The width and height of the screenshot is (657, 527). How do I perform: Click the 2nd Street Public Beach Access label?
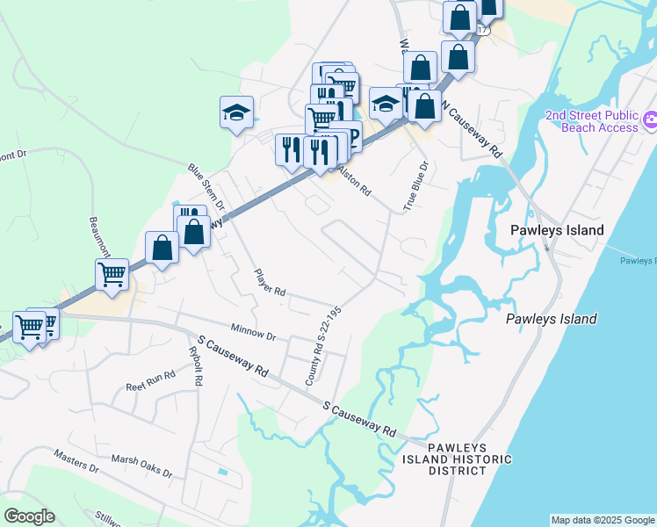[x=592, y=121]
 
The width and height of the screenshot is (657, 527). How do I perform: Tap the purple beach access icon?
[x=651, y=119]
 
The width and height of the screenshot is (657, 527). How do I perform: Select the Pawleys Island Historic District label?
[x=444, y=458]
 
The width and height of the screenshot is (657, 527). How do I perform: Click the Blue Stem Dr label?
[x=206, y=186]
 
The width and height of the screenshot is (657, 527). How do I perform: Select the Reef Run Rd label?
[x=150, y=380]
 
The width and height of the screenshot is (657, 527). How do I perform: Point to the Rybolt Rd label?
[x=197, y=365]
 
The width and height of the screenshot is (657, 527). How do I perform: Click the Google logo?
[x=29, y=516]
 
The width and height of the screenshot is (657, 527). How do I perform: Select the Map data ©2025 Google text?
[x=602, y=520]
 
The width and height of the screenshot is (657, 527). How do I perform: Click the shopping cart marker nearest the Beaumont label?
[x=112, y=274]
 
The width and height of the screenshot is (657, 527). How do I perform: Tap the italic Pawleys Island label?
[x=551, y=319]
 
